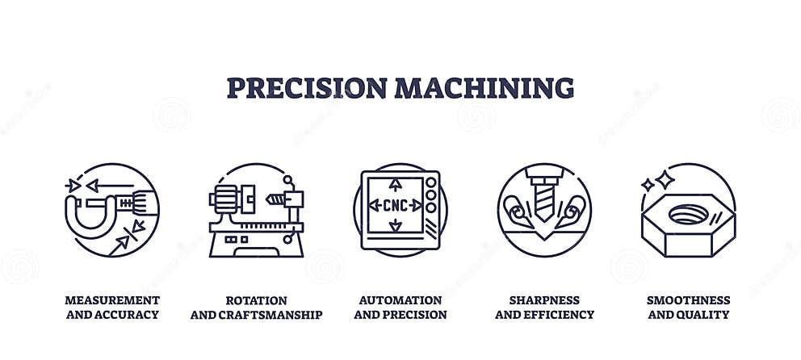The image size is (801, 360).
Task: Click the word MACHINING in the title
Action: coord(485,87)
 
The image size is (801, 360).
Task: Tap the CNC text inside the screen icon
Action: coord(396,205)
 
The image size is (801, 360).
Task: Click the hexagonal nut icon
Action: coord(688,222)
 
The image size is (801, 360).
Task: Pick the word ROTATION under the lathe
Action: coord(257,300)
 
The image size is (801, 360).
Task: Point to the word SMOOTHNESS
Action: coord(688,300)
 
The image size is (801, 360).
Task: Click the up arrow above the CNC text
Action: coord(396,185)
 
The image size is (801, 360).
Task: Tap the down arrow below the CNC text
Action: coord(396,227)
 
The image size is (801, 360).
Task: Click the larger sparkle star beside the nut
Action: coord(665,178)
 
